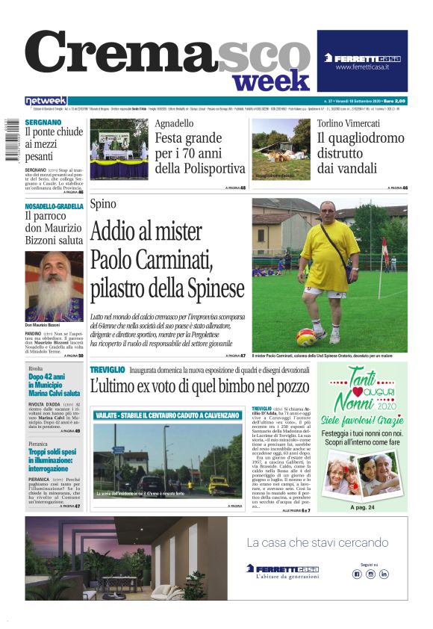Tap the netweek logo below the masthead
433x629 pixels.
tap(46, 101)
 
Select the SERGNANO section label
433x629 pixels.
tap(43, 121)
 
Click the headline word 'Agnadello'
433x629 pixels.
tap(174, 124)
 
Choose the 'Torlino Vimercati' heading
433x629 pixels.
tap(349, 123)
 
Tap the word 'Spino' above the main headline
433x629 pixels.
tap(103, 204)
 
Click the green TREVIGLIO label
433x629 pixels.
tap(108, 371)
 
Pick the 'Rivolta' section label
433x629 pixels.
tap(36, 369)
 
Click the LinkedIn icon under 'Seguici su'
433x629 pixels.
tap(384, 574)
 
